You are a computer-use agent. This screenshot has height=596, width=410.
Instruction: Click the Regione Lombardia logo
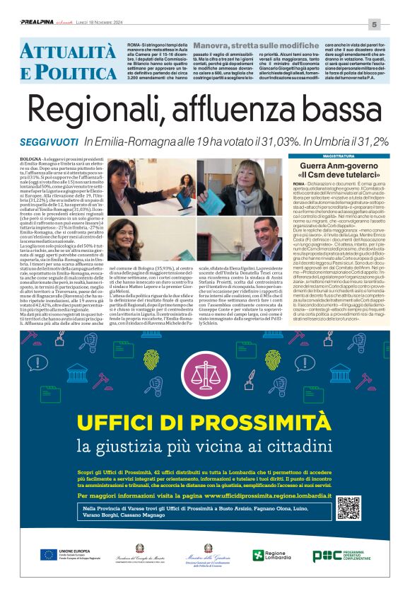(268, 555)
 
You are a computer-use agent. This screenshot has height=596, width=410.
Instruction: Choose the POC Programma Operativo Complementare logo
(346, 555)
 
